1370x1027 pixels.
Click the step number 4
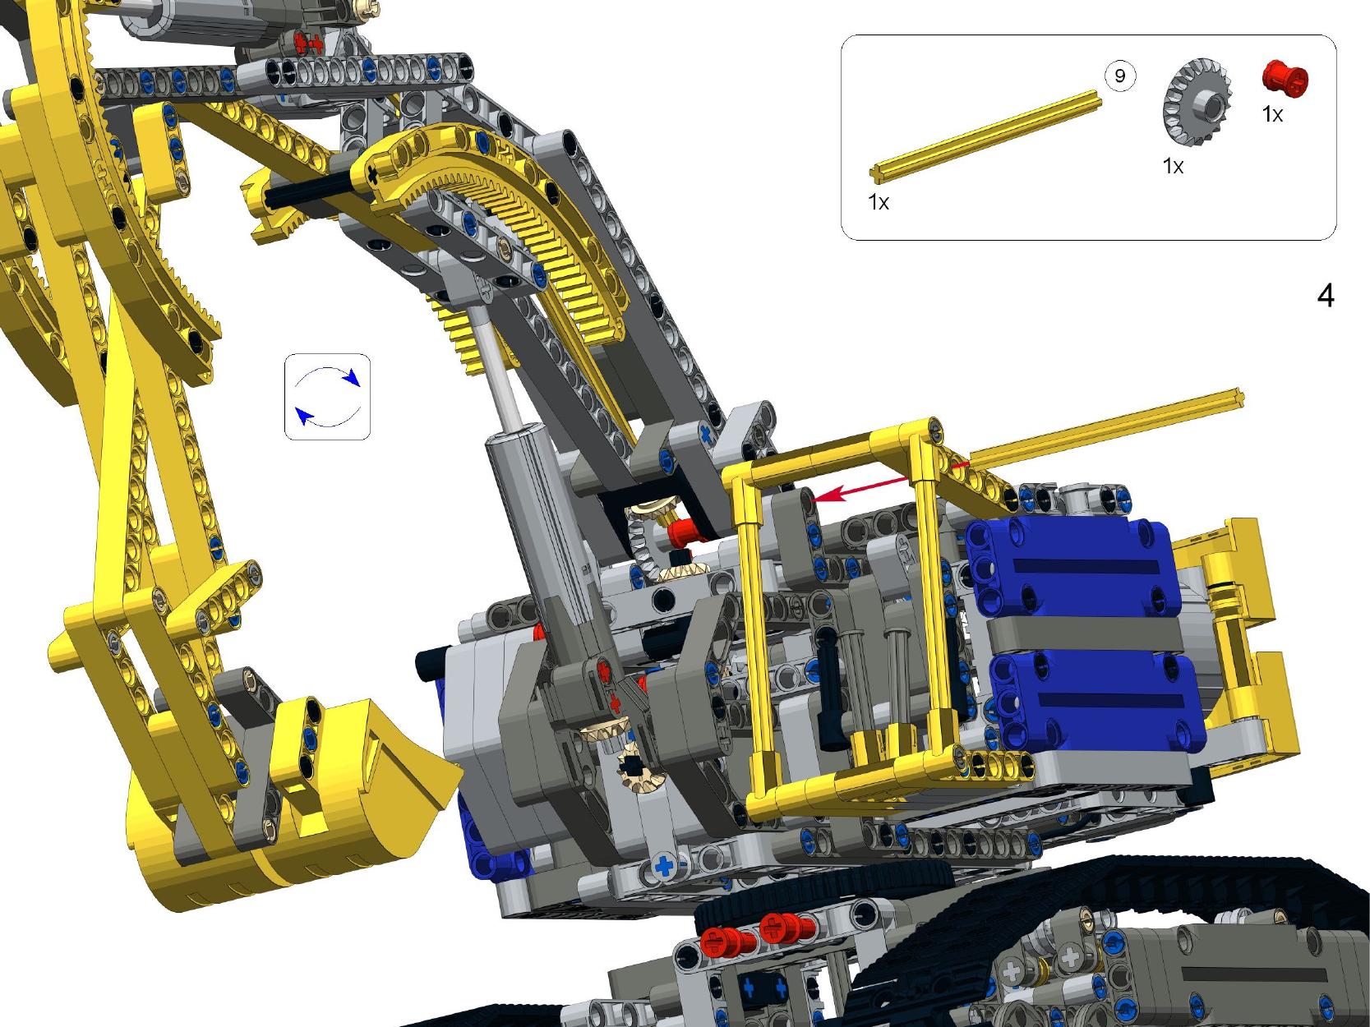tap(1326, 295)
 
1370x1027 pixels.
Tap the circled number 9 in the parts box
tap(1120, 76)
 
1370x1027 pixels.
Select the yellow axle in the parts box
tap(985, 137)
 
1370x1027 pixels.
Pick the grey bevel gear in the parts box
tap(1197, 103)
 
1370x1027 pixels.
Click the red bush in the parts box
tap(1285, 80)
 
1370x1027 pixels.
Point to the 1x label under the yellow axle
tap(879, 202)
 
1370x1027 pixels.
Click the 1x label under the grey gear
tap(1173, 166)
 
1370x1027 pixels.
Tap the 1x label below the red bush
tap(1273, 114)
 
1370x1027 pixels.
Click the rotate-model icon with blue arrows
tap(327, 397)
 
